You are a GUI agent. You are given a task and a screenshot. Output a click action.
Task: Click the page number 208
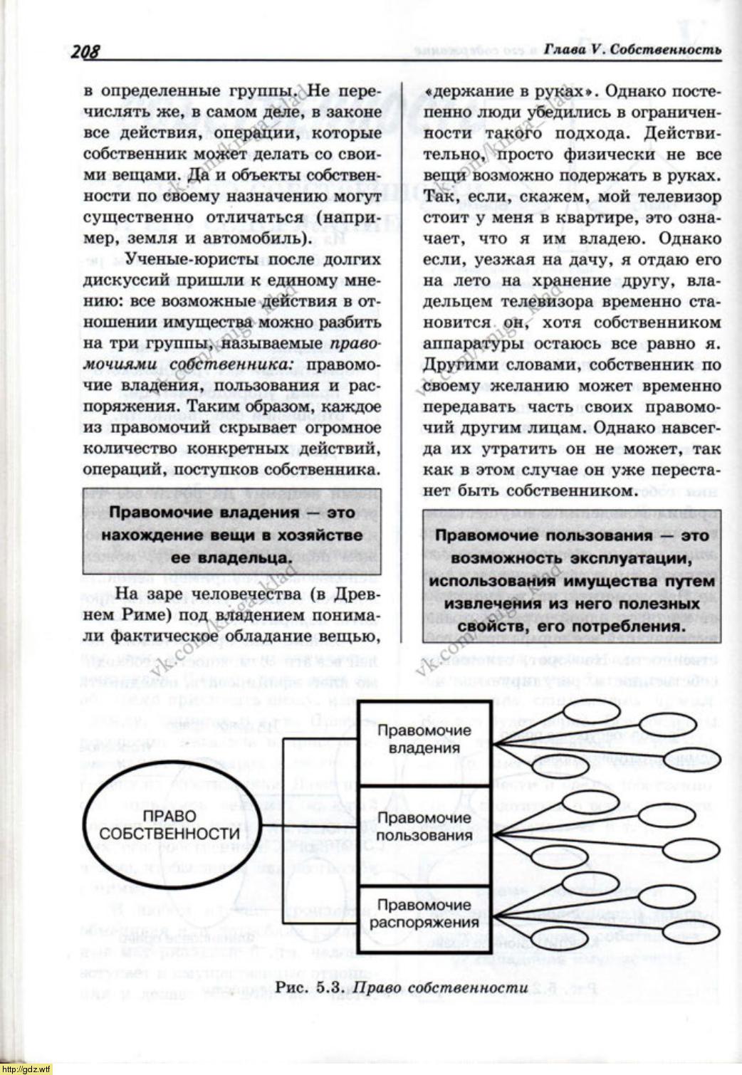(x=84, y=51)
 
